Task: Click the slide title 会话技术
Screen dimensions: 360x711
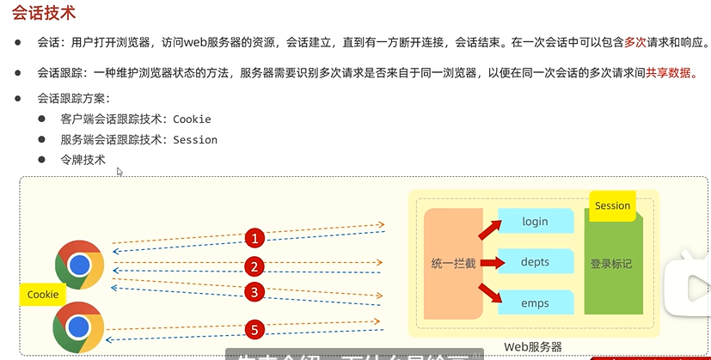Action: (44, 13)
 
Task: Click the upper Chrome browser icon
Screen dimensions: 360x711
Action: (79, 265)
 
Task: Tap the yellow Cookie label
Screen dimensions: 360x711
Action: (43, 295)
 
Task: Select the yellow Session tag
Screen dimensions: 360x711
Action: (612, 206)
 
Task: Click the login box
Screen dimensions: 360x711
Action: (536, 222)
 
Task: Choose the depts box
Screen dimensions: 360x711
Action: (536, 263)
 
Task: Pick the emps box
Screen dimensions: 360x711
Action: (536, 304)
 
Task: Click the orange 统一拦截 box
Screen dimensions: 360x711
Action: (453, 263)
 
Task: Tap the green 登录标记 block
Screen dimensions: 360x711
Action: (611, 264)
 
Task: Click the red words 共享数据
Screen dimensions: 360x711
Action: (671, 74)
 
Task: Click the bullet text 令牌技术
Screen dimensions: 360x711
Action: (83, 160)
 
